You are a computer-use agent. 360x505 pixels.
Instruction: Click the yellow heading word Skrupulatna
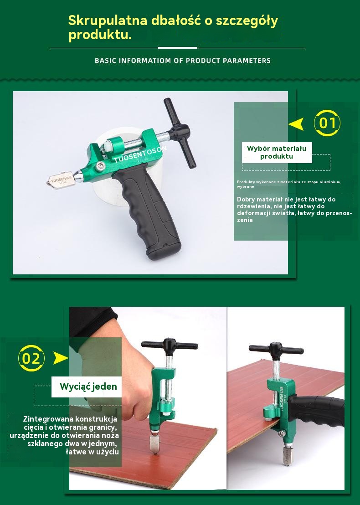108,21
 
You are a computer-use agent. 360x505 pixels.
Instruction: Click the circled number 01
327,123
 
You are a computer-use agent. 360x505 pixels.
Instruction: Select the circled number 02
31,358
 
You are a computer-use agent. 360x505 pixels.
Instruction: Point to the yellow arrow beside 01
297,124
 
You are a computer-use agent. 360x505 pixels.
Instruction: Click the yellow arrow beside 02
61,358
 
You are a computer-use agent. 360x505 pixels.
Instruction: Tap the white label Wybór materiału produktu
277,152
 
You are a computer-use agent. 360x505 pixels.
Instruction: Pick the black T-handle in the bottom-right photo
276,350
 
